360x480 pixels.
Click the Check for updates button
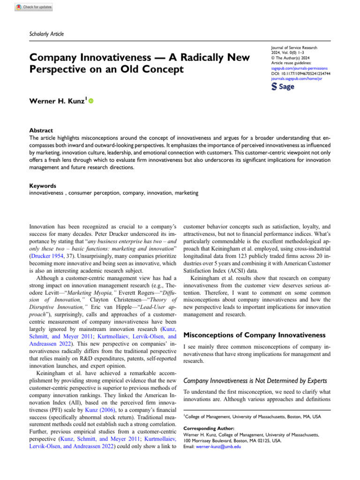[x=34, y=7]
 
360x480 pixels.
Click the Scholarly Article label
[x=47, y=34]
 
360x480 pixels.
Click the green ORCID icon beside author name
[x=91, y=101]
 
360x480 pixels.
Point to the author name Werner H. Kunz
[x=57, y=101]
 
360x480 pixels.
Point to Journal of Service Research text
[x=293, y=48]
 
